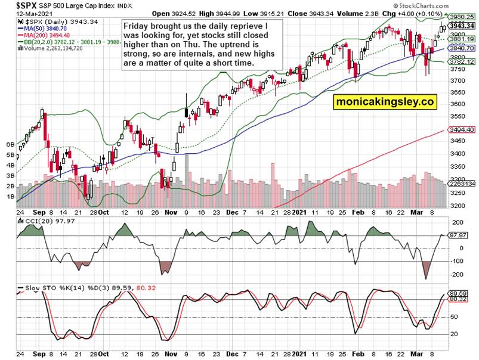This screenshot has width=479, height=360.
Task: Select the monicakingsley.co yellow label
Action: (384, 102)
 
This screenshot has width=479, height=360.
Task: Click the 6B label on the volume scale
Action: (10, 144)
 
